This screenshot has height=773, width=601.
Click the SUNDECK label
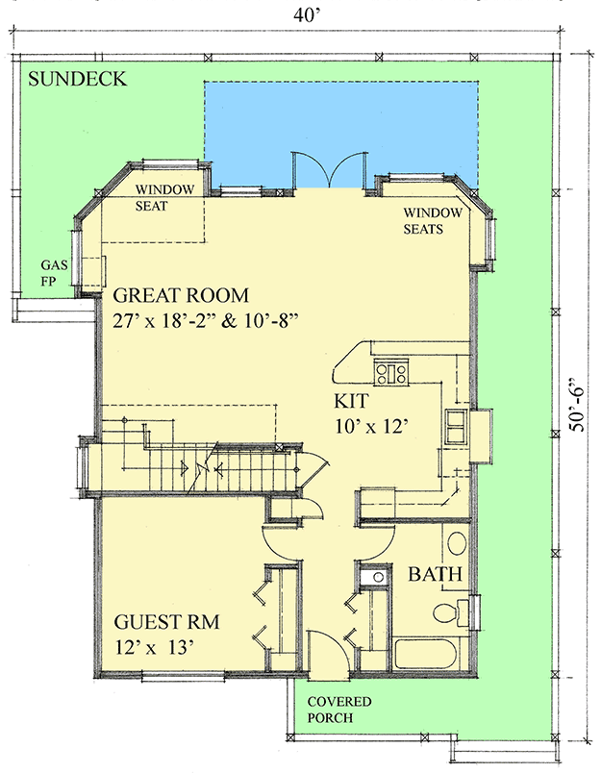pyautogui.click(x=78, y=80)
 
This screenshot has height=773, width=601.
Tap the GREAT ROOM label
pyautogui.click(x=181, y=295)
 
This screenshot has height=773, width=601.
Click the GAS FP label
pyautogui.click(x=52, y=271)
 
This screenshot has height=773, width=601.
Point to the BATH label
pyautogui.click(x=437, y=575)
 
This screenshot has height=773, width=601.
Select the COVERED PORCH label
pyautogui.click(x=338, y=710)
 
